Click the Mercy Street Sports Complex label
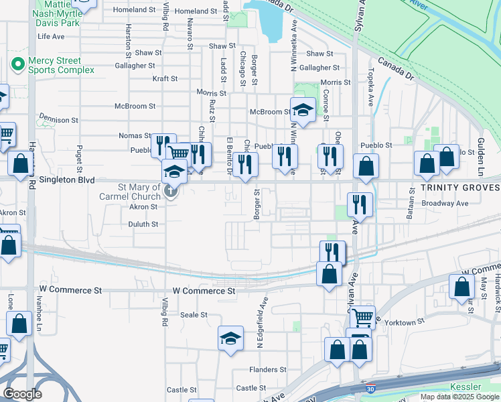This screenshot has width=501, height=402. pyautogui.click(x=54, y=65)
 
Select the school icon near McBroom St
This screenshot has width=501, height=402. pyautogui.click(x=303, y=109)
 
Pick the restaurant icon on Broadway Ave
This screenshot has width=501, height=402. pyautogui.click(x=360, y=204)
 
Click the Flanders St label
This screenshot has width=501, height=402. pyautogui.click(x=268, y=369)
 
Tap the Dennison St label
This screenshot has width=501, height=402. pyautogui.click(x=58, y=120)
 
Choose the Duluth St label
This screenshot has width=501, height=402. pyautogui.click(x=143, y=224)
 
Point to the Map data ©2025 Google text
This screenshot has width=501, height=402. pyautogui.click(x=459, y=397)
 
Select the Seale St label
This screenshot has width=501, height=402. pyautogui.click(x=194, y=314)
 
